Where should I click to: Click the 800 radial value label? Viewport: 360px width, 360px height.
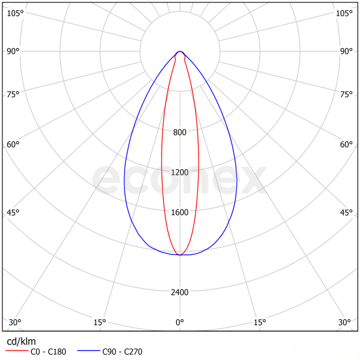click(180, 133)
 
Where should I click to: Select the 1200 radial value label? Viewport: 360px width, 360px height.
click(180, 173)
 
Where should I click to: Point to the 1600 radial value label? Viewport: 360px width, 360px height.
click(180, 212)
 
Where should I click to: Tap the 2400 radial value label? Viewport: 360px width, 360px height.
click(180, 293)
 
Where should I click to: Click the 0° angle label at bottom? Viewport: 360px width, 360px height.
click(180, 323)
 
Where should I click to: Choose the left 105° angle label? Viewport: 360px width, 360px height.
click(15, 13)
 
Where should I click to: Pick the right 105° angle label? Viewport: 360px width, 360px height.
click(344, 13)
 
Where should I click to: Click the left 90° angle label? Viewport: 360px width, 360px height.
click(13, 51)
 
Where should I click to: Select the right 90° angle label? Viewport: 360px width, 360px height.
click(346, 51)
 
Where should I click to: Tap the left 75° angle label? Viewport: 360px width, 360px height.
click(13, 94)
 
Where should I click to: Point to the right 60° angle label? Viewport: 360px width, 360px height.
click(346, 145)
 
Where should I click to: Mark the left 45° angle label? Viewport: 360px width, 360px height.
click(13, 213)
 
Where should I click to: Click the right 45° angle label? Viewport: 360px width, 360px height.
click(346, 213)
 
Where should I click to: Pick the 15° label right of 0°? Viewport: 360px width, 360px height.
click(260, 323)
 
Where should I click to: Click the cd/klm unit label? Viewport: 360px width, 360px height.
click(21, 341)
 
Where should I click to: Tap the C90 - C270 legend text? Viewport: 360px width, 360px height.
click(122, 352)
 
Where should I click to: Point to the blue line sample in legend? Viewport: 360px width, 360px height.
click(89, 352)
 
